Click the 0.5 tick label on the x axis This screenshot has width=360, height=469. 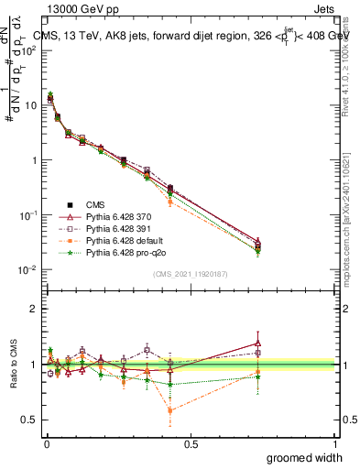coord(191,445)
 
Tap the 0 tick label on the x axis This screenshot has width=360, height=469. coord(46,445)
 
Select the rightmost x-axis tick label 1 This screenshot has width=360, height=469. coord(334,445)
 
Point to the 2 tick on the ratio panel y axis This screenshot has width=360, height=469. coord(33,309)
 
